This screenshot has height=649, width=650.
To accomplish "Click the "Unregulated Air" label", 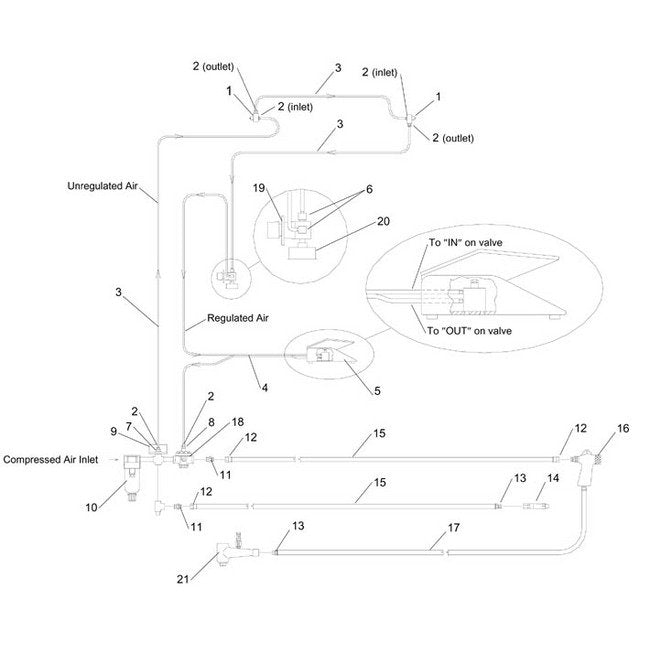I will [110, 185].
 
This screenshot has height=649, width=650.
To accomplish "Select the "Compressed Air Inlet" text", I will [57, 460].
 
